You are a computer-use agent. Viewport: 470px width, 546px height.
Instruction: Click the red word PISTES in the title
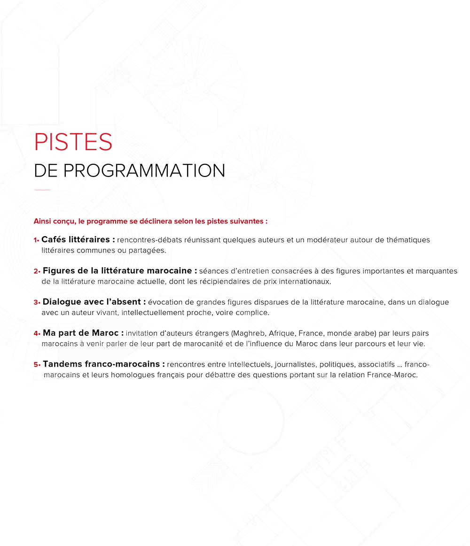73,142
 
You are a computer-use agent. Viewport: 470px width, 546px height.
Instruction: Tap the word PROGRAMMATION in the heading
144,170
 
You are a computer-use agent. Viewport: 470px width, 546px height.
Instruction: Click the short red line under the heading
43,190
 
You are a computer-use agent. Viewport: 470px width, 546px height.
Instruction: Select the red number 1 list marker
36,240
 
